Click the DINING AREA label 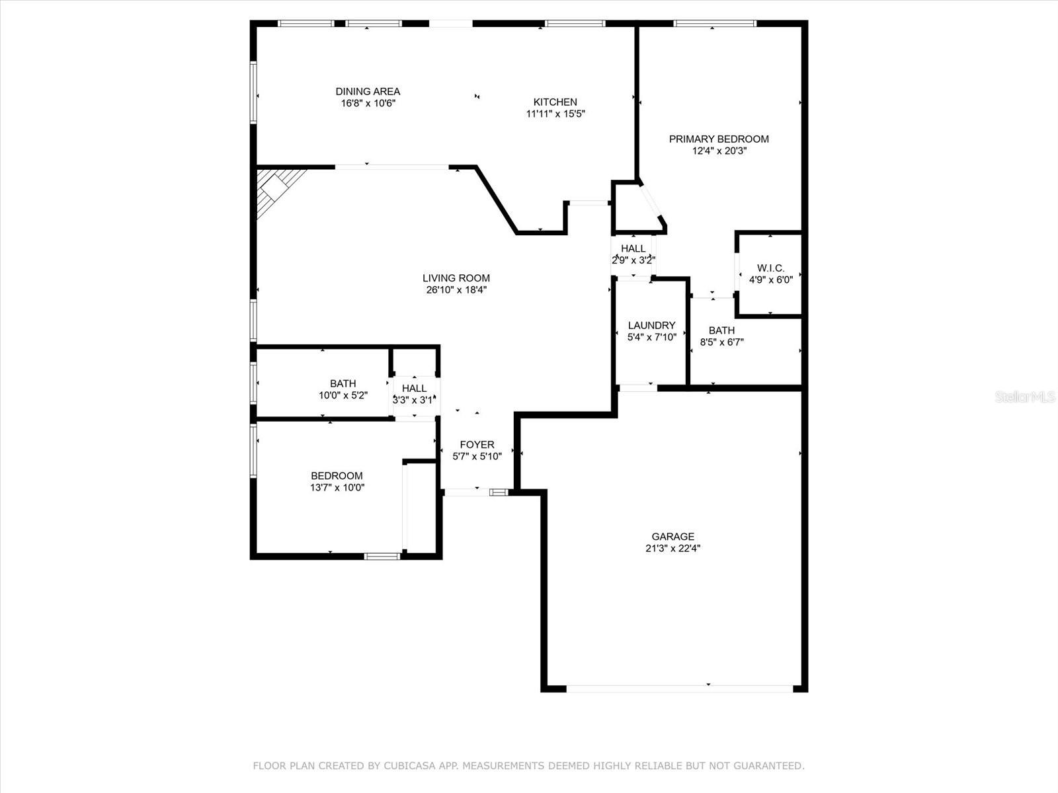(x=368, y=91)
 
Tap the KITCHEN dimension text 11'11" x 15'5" (x=555, y=114)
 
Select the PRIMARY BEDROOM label (x=719, y=139)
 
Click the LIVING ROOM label (x=456, y=278)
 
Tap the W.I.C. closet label (x=770, y=268)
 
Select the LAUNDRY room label (x=651, y=325)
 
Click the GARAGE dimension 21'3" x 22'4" (x=672, y=548)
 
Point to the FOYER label (x=477, y=445)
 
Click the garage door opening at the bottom (x=679, y=688)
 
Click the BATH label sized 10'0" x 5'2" (x=343, y=383)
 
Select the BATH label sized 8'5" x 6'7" (x=721, y=330)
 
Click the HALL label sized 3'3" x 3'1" (x=415, y=389)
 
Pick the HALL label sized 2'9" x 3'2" (x=633, y=248)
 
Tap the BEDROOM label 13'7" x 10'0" (x=337, y=476)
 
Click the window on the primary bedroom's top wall (x=715, y=24)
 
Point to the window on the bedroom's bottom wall (x=382, y=556)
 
